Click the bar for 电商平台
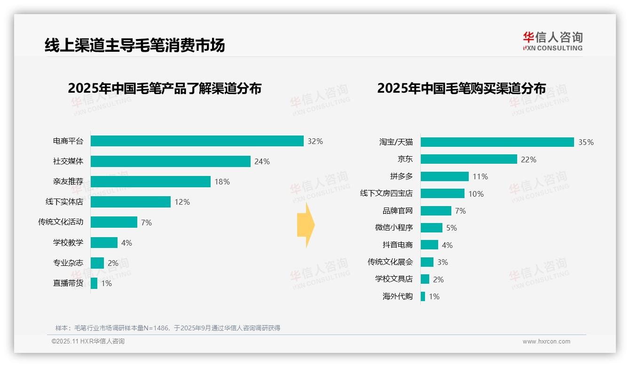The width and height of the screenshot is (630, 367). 197,141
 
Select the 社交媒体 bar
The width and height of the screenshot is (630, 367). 170,161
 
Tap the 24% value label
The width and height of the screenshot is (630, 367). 262,161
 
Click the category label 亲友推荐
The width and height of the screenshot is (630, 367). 68,182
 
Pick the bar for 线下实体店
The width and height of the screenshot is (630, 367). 130,202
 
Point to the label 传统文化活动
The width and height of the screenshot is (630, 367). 61,222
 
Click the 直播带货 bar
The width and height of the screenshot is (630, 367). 94,283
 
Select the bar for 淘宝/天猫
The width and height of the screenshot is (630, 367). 497,142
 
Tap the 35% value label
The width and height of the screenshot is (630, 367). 586,142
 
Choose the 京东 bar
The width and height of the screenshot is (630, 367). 469,159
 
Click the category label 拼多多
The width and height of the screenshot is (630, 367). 401,176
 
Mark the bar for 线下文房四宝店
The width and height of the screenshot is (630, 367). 442,193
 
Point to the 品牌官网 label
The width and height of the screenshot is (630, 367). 397,211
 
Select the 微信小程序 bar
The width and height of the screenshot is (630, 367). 431,228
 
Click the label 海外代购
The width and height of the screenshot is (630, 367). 397,296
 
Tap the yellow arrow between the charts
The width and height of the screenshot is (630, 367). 306,225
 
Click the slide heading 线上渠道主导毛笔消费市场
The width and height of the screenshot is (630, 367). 135,45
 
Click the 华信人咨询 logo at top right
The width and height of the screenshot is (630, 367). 552,41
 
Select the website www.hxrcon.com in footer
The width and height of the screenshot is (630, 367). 546,342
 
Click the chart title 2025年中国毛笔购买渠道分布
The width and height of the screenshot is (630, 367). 461,88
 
